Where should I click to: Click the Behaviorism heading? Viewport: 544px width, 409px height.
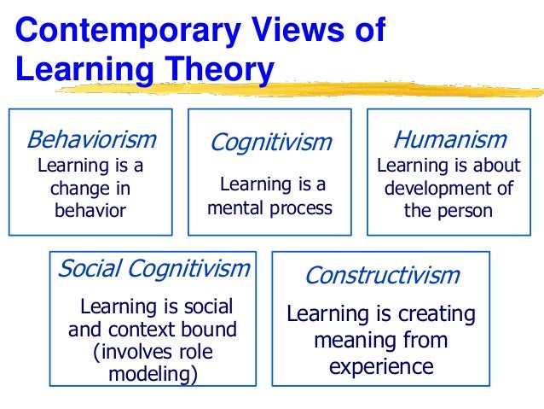click(91, 139)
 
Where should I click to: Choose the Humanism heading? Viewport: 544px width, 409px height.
click(449, 139)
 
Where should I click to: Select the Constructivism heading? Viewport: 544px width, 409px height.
click(381, 276)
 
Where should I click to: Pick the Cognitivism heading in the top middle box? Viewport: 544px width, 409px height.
click(270, 142)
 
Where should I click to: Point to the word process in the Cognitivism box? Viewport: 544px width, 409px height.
click(301, 207)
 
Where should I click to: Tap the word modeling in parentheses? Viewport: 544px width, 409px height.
click(148, 374)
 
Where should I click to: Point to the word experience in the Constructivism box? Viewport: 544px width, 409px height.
click(381, 366)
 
